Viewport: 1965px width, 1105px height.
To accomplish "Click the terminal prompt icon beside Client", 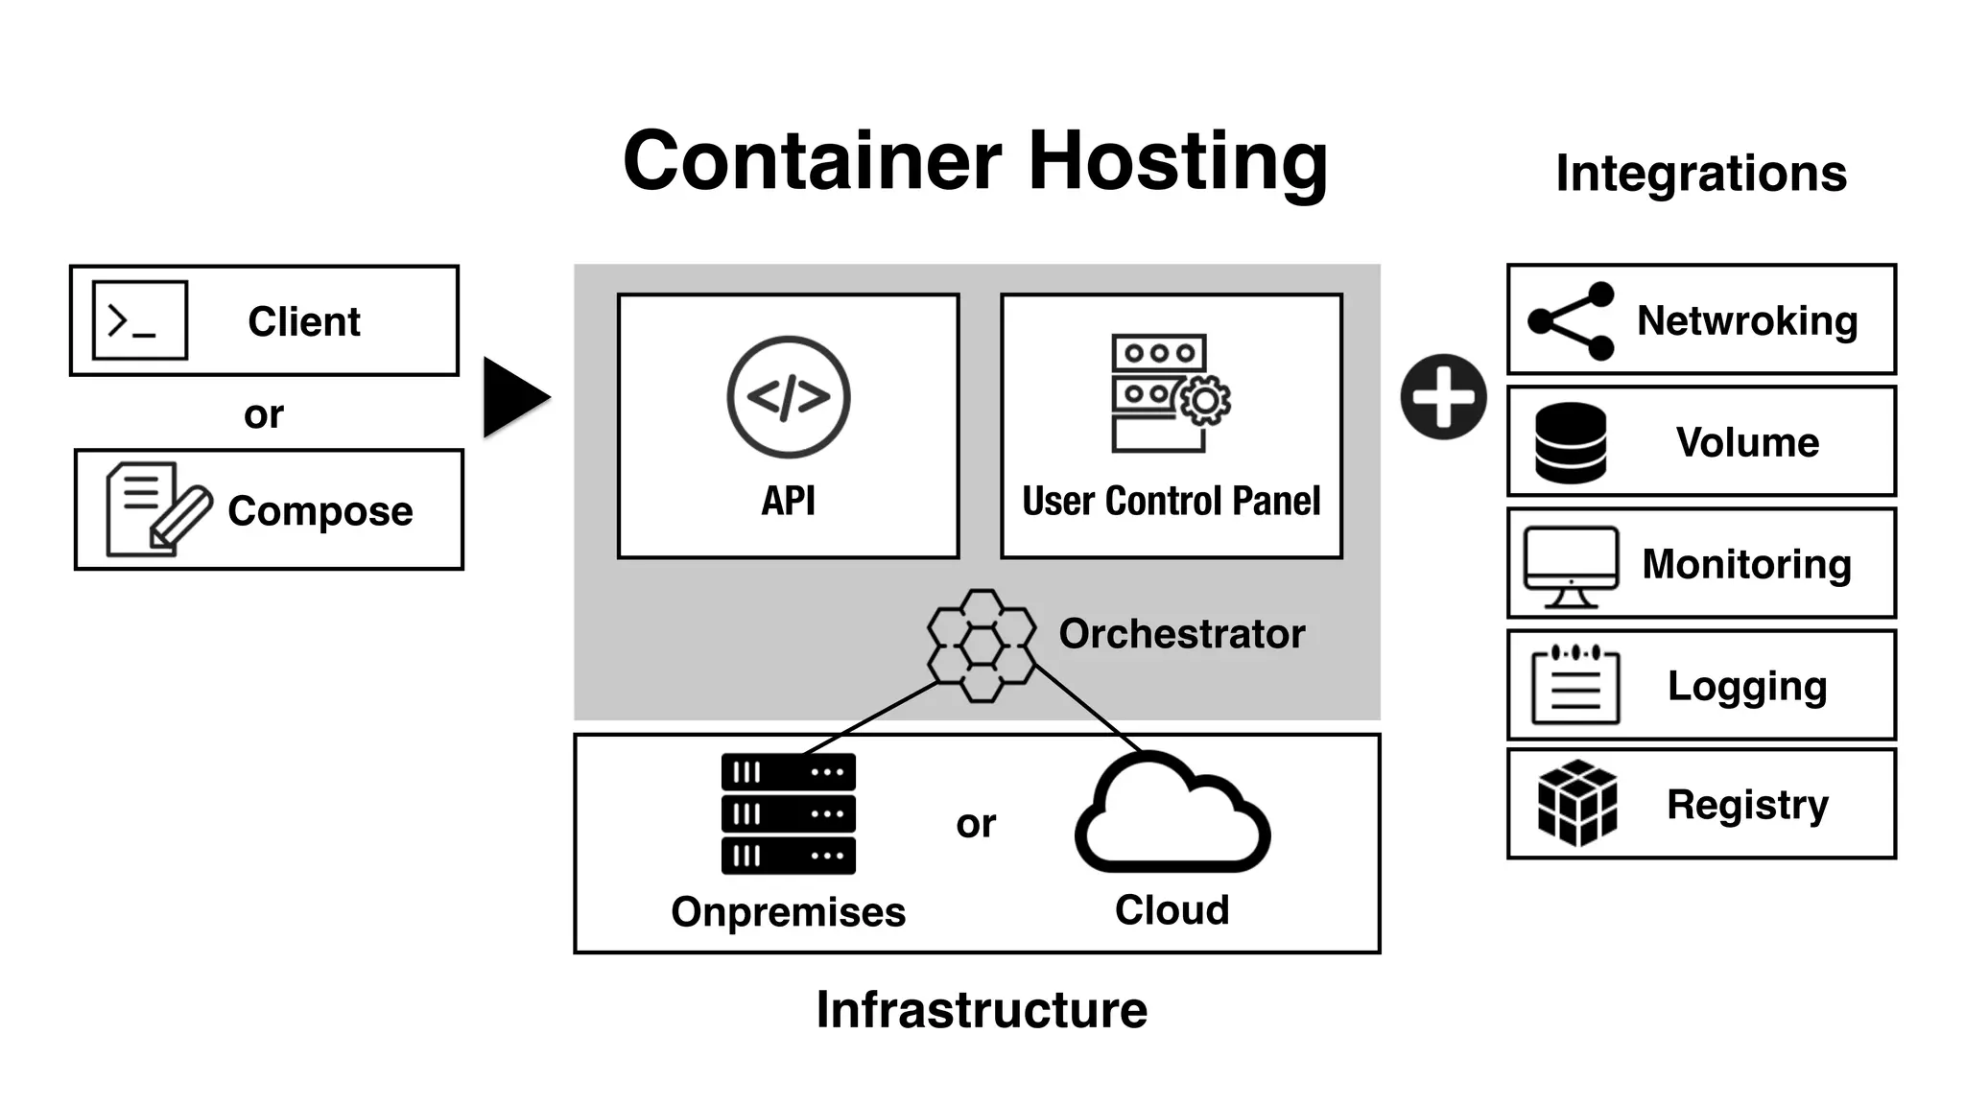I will point(140,320).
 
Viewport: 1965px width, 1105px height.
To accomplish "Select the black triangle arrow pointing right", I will point(513,397).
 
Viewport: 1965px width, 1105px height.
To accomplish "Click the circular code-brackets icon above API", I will point(788,396).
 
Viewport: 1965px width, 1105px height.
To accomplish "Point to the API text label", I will point(788,501).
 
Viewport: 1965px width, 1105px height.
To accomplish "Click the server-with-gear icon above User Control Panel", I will point(1169,393).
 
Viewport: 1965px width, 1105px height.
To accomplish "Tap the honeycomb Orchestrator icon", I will point(982,645).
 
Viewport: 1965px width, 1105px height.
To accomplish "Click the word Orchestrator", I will point(1181,634).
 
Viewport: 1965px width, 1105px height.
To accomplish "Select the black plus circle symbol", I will point(1443,397).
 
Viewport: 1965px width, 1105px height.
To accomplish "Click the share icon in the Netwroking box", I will point(1571,320).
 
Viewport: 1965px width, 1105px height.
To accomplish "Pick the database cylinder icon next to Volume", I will point(1571,442).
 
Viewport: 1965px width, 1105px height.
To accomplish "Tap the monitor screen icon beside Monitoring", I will point(1571,566).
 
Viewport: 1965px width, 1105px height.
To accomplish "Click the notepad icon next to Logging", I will point(1574,685).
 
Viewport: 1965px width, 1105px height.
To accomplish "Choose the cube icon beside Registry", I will point(1576,803).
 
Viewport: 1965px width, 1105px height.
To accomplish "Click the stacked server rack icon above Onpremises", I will point(788,813).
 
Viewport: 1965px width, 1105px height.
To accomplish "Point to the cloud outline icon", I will point(1172,815).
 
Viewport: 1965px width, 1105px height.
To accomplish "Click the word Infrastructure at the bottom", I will point(981,1010).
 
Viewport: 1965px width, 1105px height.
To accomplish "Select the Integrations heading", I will point(1700,174).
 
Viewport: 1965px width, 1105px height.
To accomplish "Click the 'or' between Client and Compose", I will point(263,414).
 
